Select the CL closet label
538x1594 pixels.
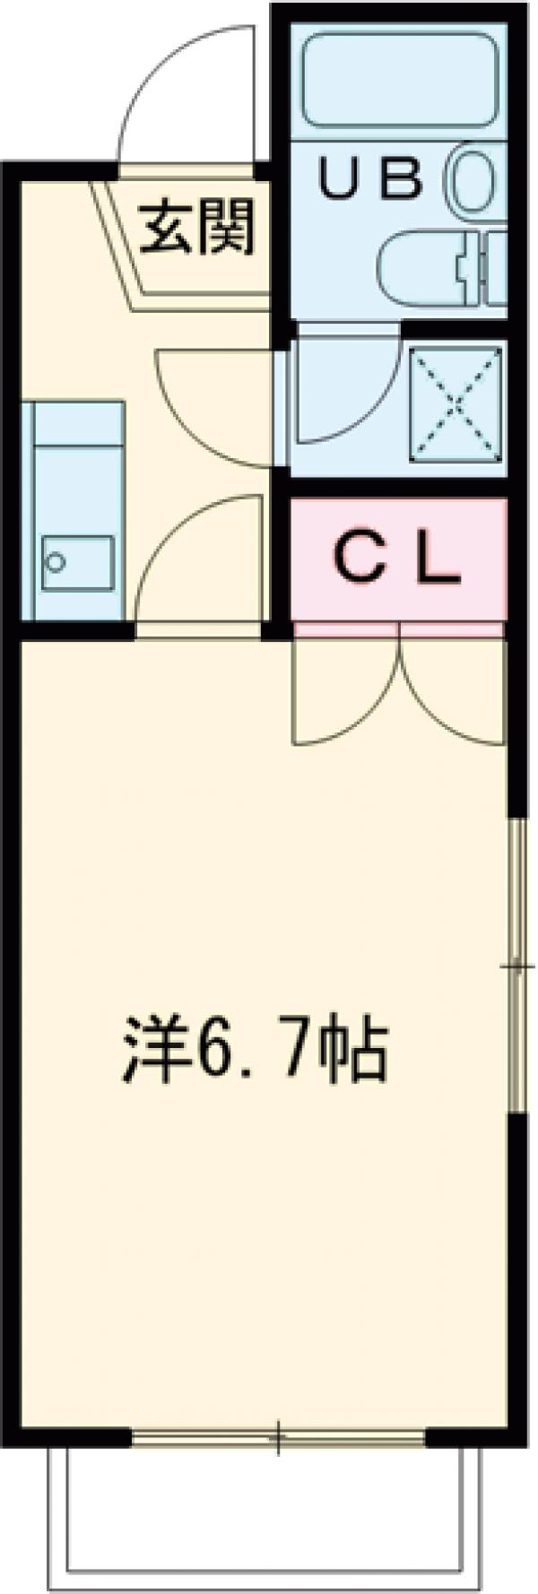tap(396, 559)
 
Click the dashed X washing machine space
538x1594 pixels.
tap(456, 403)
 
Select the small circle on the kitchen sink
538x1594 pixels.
tap(57, 562)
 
